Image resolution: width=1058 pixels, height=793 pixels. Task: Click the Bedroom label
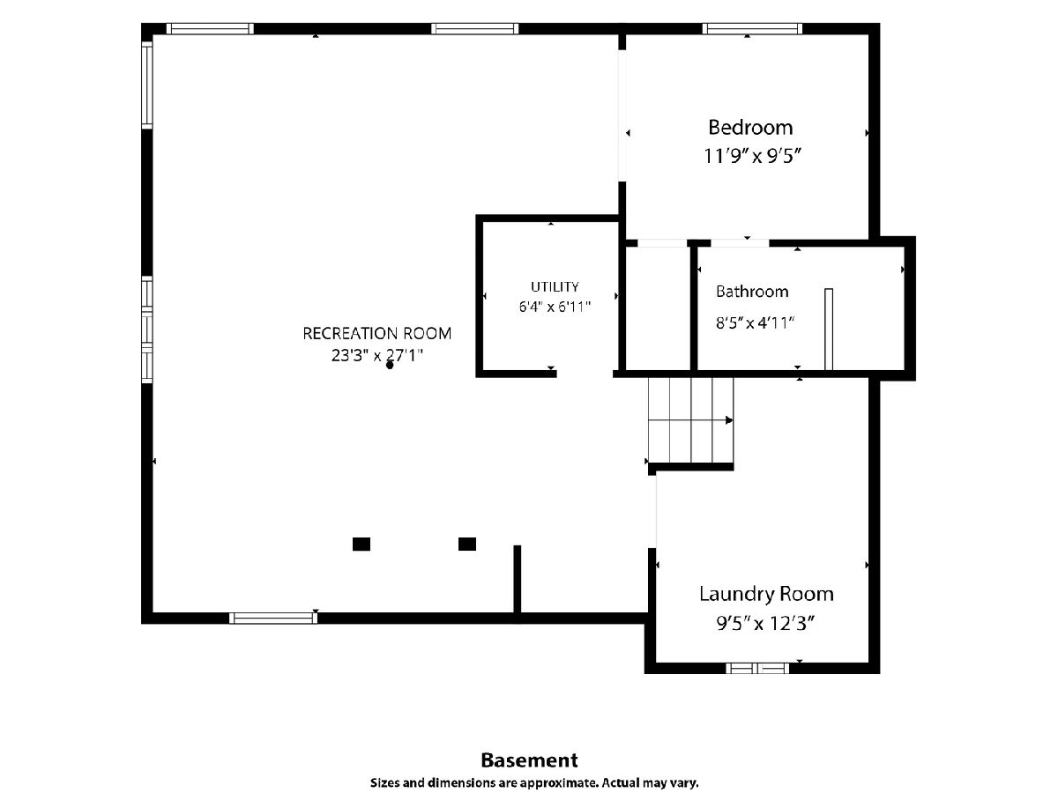(x=750, y=128)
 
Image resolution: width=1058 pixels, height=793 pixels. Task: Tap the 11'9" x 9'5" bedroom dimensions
(x=752, y=156)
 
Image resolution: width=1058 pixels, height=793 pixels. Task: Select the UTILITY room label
(x=555, y=287)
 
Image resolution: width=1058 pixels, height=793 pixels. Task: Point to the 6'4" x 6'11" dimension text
(x=555, y=307)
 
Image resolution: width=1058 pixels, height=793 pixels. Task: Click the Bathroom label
(x=752, y=292)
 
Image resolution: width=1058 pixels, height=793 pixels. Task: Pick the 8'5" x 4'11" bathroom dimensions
(x=755, y=322)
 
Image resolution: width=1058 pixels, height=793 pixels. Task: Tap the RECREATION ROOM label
(x=377, y=333)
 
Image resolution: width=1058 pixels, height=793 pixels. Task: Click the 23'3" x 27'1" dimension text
(x=377, y=355)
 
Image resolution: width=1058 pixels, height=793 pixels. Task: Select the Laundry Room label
(x=766, y=594)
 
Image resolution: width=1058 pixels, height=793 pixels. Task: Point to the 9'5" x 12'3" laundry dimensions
(x=765, y=624)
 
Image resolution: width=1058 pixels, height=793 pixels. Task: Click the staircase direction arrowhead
(x=729, y=420)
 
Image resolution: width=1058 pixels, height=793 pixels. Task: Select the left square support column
(x=361, y=544)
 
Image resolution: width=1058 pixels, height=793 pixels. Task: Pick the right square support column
(x=467, y=544)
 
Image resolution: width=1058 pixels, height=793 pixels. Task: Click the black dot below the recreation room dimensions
(x=390, y=366)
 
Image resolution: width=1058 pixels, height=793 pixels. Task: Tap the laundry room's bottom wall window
(x=757, y=668)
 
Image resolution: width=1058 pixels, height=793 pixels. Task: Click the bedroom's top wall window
(x=752, y=29)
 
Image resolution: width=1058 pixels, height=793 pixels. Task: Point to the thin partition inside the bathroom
(x=829, y=330)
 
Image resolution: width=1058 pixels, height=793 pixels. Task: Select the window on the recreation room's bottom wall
(x=272, y=619)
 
